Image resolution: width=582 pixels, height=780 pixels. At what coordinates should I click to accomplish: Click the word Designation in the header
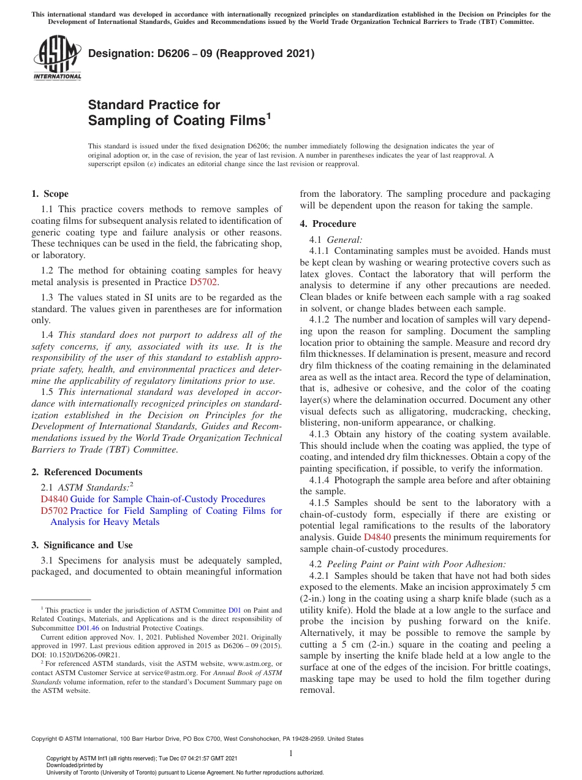coord(117,54)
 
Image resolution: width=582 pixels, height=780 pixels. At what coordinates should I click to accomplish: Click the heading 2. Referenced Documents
coord(86,472)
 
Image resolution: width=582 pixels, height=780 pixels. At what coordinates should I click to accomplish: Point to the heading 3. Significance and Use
coord(81,545)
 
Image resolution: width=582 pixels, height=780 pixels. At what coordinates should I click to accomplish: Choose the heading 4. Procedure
coord(327,224)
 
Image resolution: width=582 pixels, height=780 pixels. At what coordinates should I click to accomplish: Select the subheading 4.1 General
coord(338,239)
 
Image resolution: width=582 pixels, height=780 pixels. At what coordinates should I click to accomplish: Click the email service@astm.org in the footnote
coord(199,673)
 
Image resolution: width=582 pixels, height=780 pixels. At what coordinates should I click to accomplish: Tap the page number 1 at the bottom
coord(291,752)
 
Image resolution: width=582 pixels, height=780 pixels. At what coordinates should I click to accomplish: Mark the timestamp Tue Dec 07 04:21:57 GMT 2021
coord(198,759)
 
